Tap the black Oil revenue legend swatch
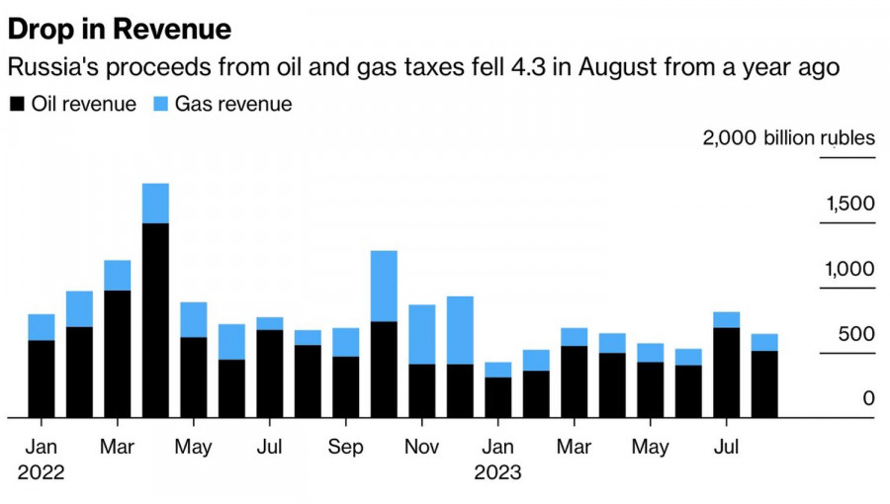click(17, 104)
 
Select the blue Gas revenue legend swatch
click(161, 104)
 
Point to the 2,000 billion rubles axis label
click(789, 137)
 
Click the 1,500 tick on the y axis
click(850, 205)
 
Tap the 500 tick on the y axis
click(856, 335)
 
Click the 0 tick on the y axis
click(868, 399)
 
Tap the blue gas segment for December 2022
click(460, 330)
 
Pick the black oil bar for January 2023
click(498, 396)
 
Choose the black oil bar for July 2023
click(727, 372)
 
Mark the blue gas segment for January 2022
click(42, 327)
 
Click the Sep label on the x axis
click(346, 447)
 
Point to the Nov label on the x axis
click(422, 447)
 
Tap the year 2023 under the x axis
click(497, 472)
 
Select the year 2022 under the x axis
click(41, 472)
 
